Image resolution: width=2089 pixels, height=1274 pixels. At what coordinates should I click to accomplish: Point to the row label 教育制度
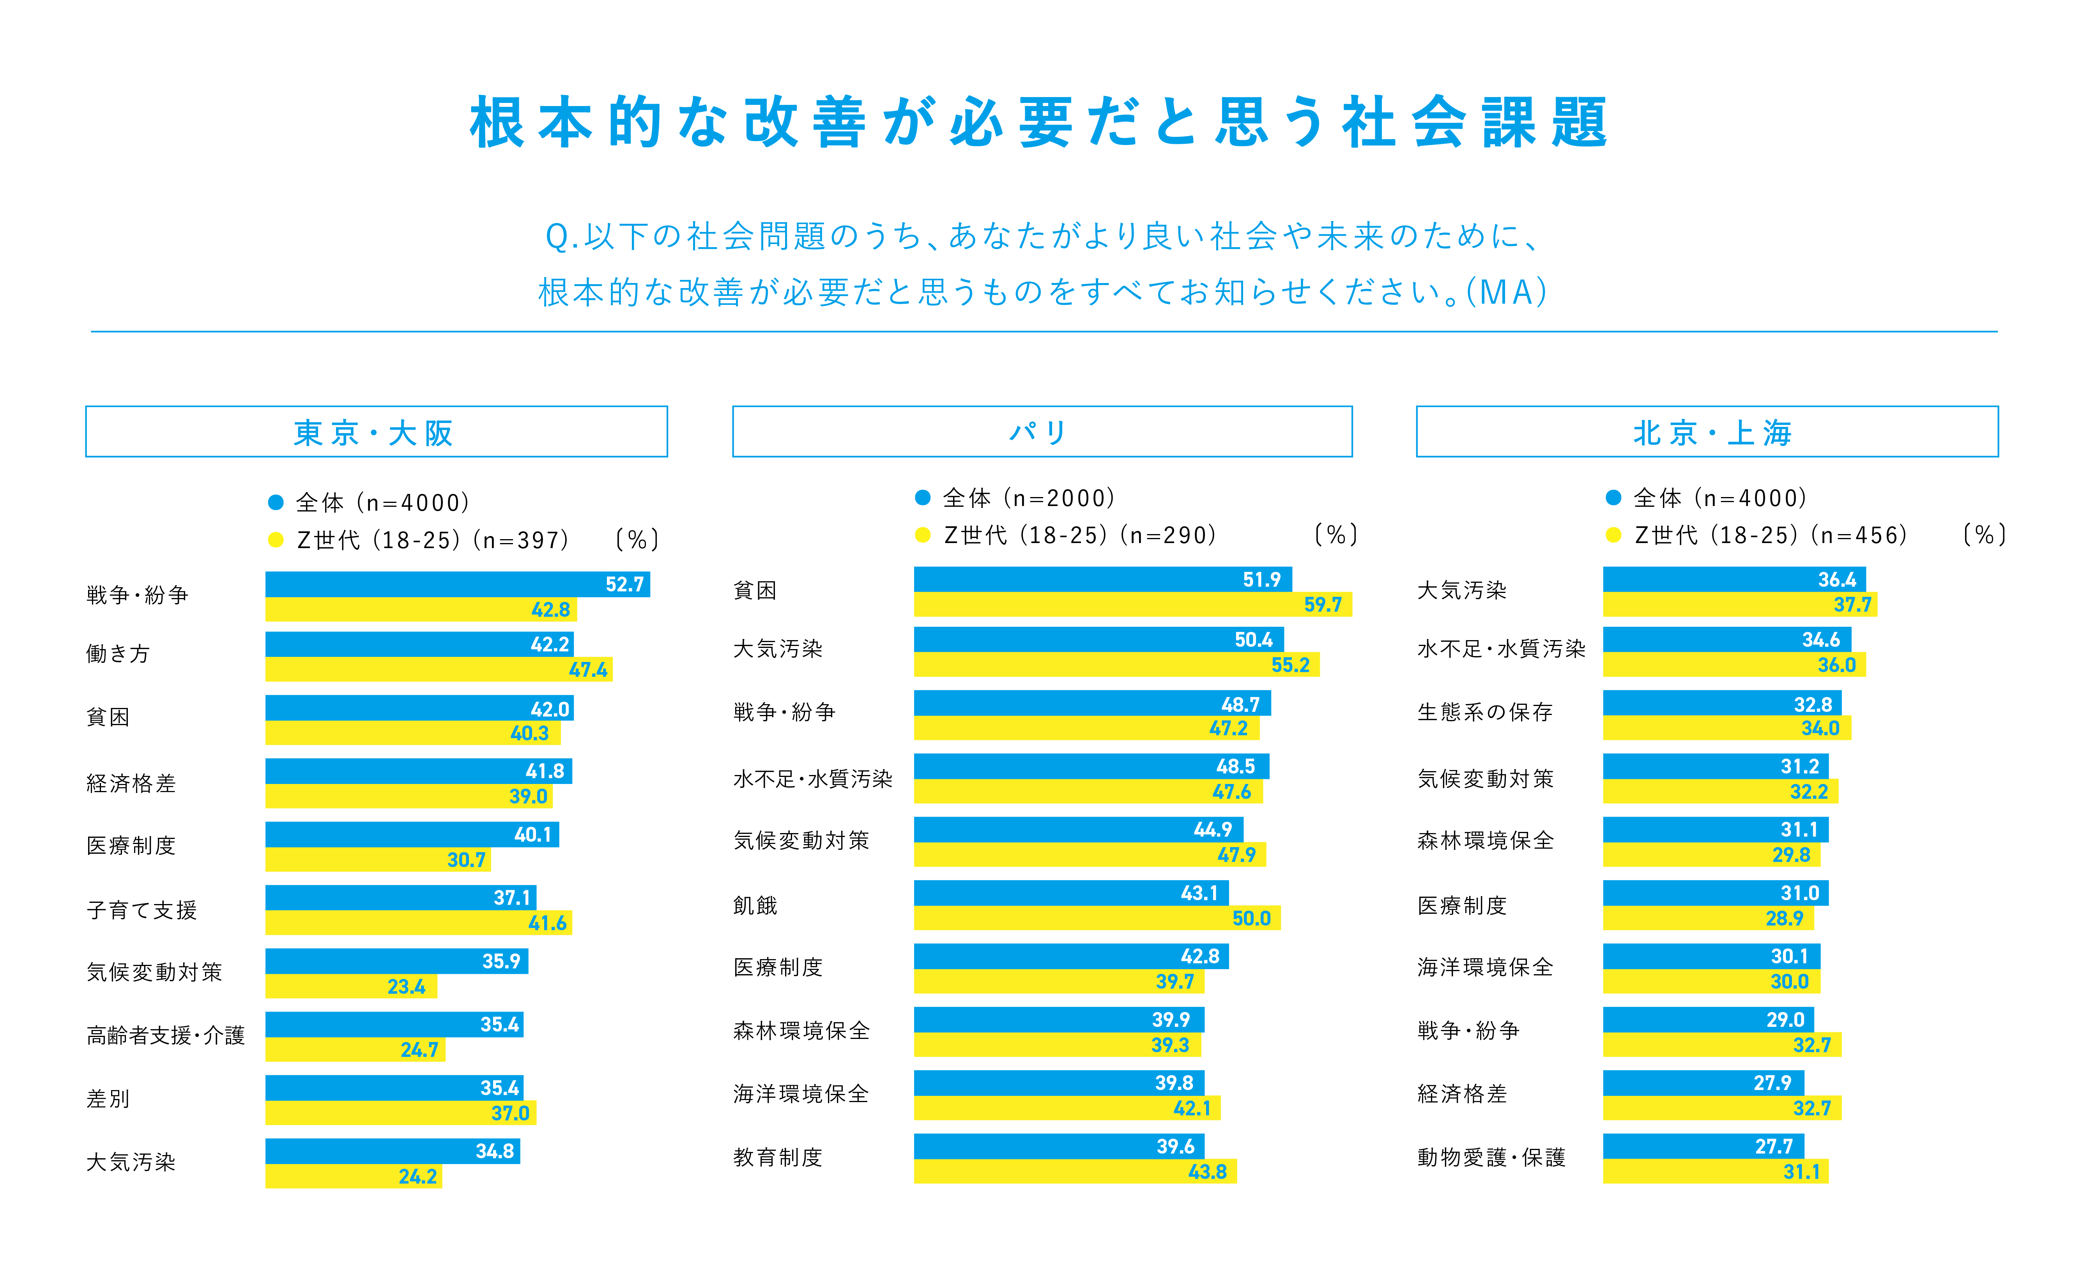[x=777, y=1157]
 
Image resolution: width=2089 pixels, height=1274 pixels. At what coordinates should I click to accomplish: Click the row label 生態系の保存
[x=1484, y=712]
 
